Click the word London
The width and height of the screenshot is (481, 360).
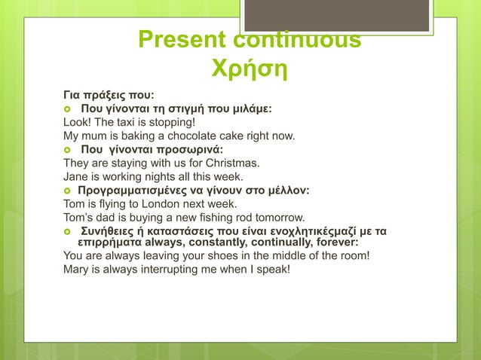(151, 203)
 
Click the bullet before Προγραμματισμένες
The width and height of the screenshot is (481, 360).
(67, 191)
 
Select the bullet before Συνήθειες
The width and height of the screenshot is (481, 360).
(67, 230)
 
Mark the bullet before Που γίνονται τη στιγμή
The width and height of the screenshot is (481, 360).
(67, 109)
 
